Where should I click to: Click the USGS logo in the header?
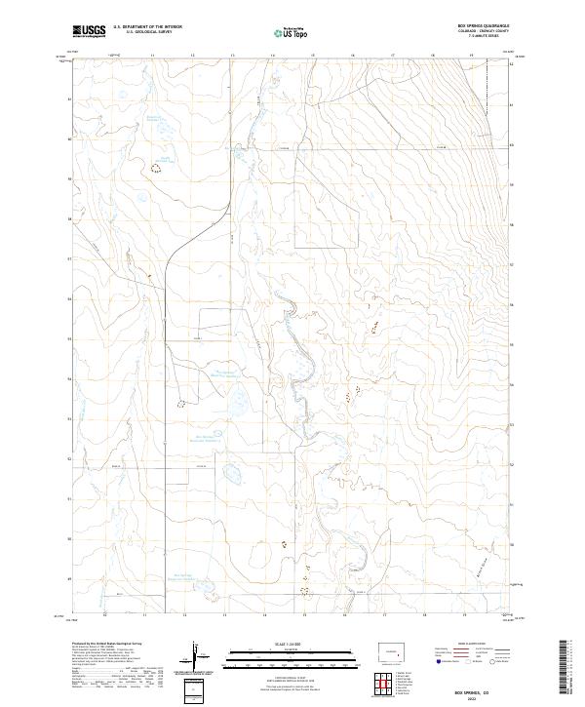89,31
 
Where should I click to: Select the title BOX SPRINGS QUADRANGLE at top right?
481,25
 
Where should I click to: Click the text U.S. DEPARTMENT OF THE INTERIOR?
147,27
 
